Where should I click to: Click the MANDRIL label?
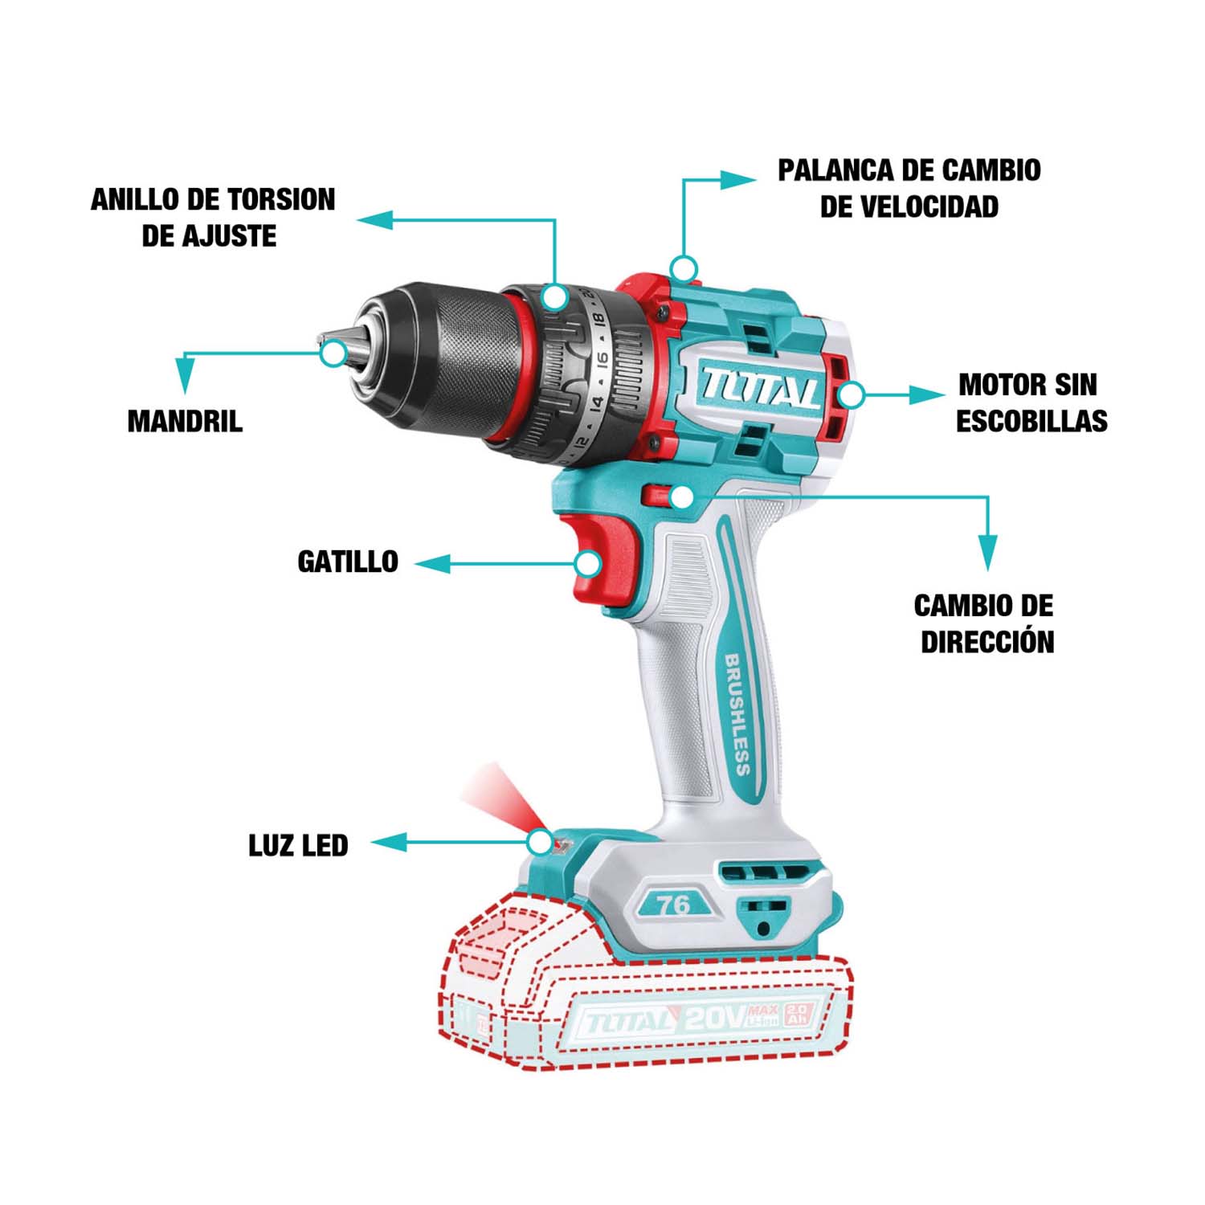click(x=185, y=421)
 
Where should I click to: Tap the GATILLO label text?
click(x=348, y=562)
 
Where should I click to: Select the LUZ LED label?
click(x=298, y=845)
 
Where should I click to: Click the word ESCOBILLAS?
click(x=1031, y=421)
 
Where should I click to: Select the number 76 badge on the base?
click(x=673, y=905)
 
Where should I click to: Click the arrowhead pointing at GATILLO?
click(x=432, y=564)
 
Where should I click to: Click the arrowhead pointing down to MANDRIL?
click(x=186, y=375)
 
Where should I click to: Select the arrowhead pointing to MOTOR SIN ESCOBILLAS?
click(x=927, y=394)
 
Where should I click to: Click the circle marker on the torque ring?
click(x=553, y=297)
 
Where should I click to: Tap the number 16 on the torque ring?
click(x=603, y=361)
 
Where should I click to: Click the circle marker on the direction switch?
click(x=681, y=497)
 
